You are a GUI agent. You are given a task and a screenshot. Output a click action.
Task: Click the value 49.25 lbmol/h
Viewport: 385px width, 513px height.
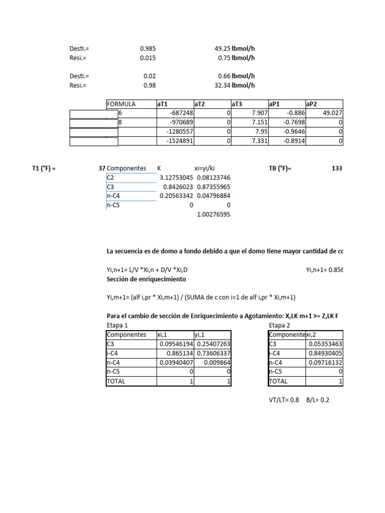click(x=234, y=49)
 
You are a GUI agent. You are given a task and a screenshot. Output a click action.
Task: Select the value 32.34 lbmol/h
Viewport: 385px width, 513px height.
click(x=234, y=85)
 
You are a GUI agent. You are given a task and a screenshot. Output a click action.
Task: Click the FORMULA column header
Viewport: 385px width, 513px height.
click(x=121, y=104)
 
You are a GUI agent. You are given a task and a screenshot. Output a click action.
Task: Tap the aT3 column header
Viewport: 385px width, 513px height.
click(x=237, y=104)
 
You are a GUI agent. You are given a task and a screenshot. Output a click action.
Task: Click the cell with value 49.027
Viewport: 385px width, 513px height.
click(x=332, y=113)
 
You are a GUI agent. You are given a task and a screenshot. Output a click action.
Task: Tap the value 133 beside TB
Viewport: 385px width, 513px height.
click(x=337, y=168)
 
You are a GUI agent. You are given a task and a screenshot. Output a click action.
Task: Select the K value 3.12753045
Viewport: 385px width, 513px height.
click(x=176, y=177)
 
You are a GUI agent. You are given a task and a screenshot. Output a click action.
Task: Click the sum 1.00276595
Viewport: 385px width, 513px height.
click(x=214, y=214)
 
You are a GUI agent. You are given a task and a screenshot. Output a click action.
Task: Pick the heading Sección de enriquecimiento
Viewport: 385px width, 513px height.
click(x=146, y=279)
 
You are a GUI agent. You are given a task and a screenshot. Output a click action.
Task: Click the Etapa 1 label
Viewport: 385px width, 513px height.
click(x=117, y=325)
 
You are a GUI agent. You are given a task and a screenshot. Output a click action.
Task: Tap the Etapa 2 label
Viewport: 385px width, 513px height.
click(x=280, y=325)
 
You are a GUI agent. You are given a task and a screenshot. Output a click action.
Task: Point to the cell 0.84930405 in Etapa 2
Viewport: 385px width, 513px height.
click(x=325, y=353)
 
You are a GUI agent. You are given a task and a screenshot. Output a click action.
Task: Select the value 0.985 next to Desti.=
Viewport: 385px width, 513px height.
click(x=148, y=49)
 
